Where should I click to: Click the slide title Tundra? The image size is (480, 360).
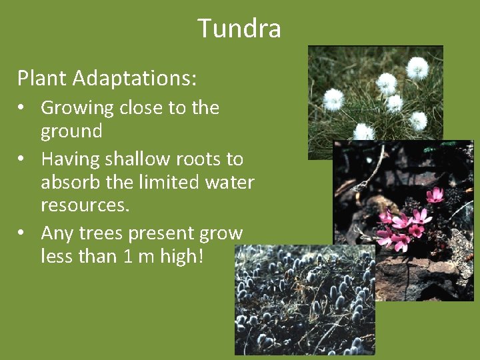point(239,29)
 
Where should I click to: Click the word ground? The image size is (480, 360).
point(71,131)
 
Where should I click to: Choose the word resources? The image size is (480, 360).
point(84,205)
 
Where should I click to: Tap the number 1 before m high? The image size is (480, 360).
point(129,257)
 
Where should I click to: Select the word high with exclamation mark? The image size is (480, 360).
point(182,257)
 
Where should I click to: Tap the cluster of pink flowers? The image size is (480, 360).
point(407,223)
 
